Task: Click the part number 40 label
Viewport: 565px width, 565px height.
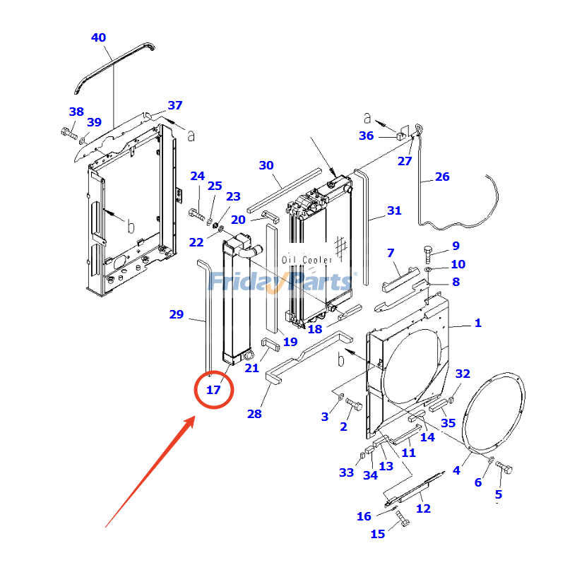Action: coord(99,37)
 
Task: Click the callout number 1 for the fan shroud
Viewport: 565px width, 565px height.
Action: coord(478,323)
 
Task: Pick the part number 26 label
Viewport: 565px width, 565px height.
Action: coord(442,177)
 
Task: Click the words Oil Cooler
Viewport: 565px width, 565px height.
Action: coord(307,260)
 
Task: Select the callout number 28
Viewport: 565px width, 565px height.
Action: coord(254,414)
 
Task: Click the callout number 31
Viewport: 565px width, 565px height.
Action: coord(394,210)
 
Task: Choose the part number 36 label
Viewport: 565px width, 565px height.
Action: coord(366,136)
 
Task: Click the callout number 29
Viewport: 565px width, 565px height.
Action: coord(177,314)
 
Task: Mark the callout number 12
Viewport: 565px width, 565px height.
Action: coord(423,509)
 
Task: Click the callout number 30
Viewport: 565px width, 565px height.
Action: coord(266,165)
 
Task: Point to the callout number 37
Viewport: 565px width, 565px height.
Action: coord(175,105)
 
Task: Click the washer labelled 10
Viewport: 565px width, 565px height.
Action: coord(429,269)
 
